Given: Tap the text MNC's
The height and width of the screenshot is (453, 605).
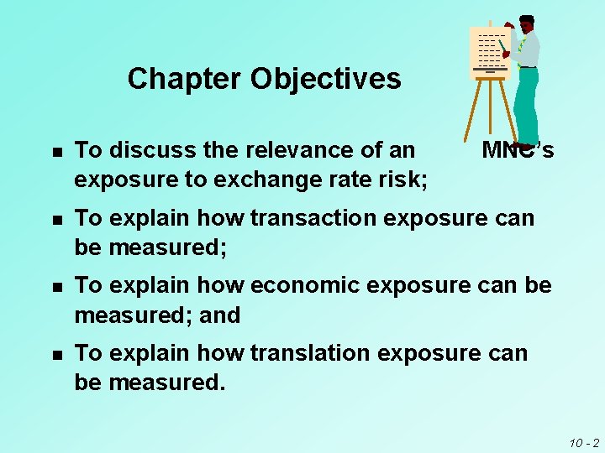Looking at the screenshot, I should pos(518,151).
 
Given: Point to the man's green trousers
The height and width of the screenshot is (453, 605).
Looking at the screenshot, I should pos(526,105).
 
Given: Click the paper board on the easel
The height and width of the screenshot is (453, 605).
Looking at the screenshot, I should pos(489,50).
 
